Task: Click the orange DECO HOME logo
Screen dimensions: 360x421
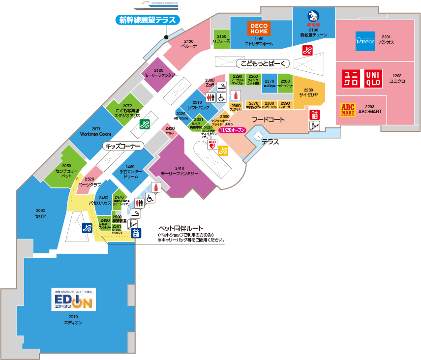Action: click(x=259, y=29)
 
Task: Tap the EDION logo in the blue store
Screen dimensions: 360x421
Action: click(x=73, y=299)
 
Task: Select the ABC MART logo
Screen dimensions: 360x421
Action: click(x=348, y=108)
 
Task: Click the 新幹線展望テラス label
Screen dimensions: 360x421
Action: click(x=148, y=20)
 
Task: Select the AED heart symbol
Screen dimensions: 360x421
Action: click(x=212, y=144)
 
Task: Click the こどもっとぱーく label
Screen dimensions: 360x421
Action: click(x=263, y=63)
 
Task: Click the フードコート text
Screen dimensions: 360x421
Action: click(x=268, y=120)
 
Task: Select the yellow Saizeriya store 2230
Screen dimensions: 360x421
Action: click(x=309, y=92)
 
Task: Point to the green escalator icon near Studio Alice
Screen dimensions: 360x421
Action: click(x=145, y=124)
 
